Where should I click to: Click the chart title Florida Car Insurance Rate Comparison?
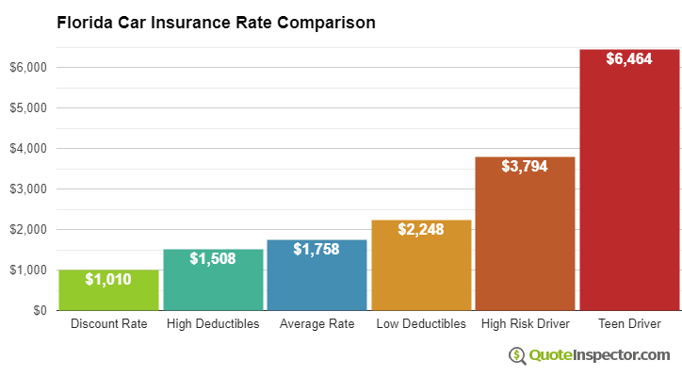[x=216, y=22]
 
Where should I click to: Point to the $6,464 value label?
[x=629, y=58]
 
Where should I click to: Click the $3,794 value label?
[x=525, y=166]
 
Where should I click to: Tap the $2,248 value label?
[x=421, y=229]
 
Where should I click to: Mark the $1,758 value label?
[x=317, y=249]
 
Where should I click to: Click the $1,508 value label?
[x=213, y=258]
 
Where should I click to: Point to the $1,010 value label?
[x=108, y=279]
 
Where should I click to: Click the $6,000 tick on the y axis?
[x=28, y=67]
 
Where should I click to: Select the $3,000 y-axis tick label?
[x=28, y=188]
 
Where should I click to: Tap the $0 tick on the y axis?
[x=39, y=310]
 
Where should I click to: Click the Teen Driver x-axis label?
[x=629, y=324]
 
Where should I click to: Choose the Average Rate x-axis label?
[x=317, y=324]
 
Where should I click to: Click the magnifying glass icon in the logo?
[x=517, y=355]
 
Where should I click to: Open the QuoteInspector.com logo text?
[x=600, y=355]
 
